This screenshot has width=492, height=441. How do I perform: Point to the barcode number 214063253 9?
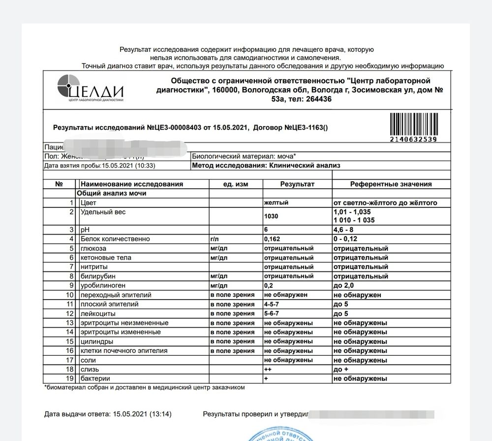click(413, 139)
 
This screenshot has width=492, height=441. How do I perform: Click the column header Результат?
click(297, 184)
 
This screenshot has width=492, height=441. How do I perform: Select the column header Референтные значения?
click(391, 184)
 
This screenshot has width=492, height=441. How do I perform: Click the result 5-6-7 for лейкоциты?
click(273, 313)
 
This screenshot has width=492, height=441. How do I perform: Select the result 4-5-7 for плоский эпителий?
click(273, 304)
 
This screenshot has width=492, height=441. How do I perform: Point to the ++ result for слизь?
click(268, 369)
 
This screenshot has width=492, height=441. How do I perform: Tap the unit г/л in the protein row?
click(215, 239)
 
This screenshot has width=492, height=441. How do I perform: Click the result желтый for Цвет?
click(276, 203)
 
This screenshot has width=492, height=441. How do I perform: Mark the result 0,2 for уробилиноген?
click(269, 285)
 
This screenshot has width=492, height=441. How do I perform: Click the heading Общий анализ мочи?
click(111, 194)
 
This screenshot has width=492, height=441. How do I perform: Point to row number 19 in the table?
click(70, 378)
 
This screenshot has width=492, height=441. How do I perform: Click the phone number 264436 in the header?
click(316, 99)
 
